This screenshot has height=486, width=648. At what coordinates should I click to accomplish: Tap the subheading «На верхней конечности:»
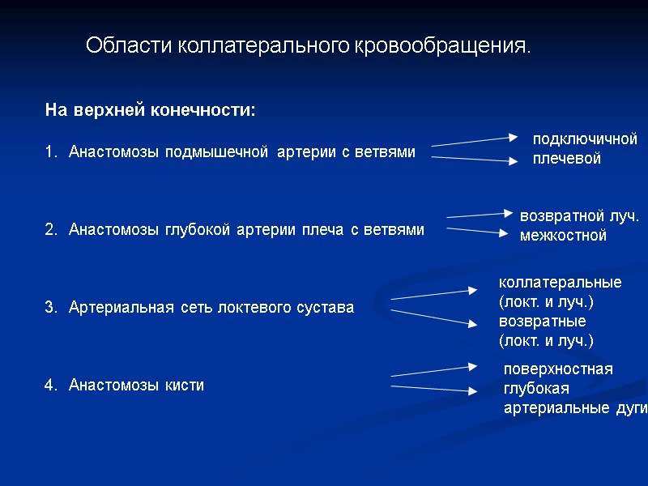coord(150,110)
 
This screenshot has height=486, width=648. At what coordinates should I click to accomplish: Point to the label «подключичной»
coord(585,139)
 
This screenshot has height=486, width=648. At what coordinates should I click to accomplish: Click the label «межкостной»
coord(562,237)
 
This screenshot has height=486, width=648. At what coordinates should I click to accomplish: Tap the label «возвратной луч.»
coord(579,217)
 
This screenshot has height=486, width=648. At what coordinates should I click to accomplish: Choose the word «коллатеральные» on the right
coord(560,283)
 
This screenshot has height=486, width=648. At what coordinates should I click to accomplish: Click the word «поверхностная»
coord(558,369)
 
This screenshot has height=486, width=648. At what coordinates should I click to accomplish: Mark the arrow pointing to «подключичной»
coord(474,141)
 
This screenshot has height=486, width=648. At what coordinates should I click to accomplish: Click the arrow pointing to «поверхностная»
coord(435,371)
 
